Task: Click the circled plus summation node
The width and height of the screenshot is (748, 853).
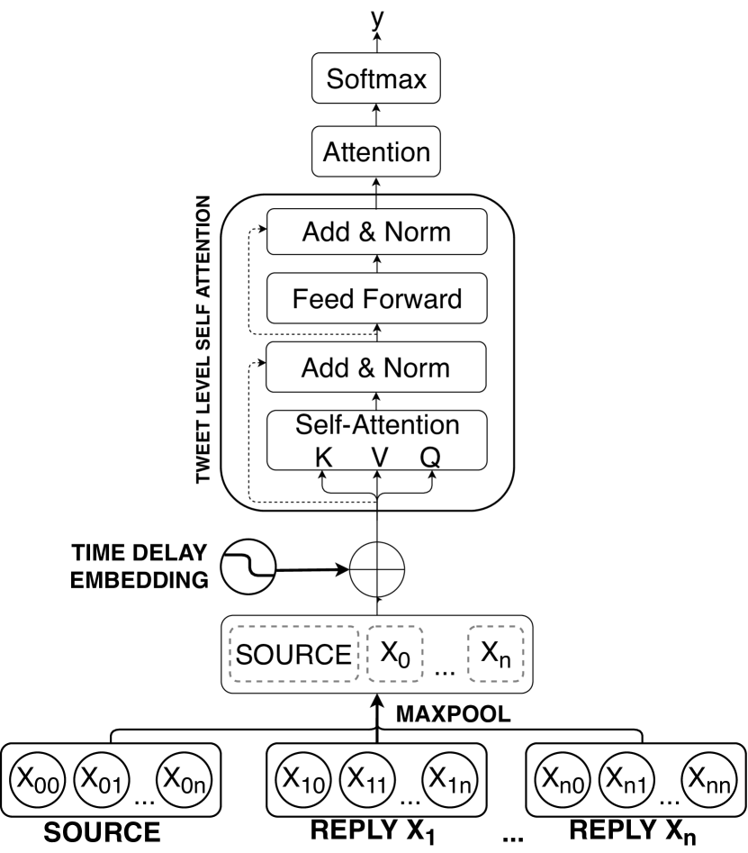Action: coord(378,568)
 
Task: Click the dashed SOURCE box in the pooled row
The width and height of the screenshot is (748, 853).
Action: coord(293,652)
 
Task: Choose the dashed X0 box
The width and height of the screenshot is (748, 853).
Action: coord(393,652)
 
